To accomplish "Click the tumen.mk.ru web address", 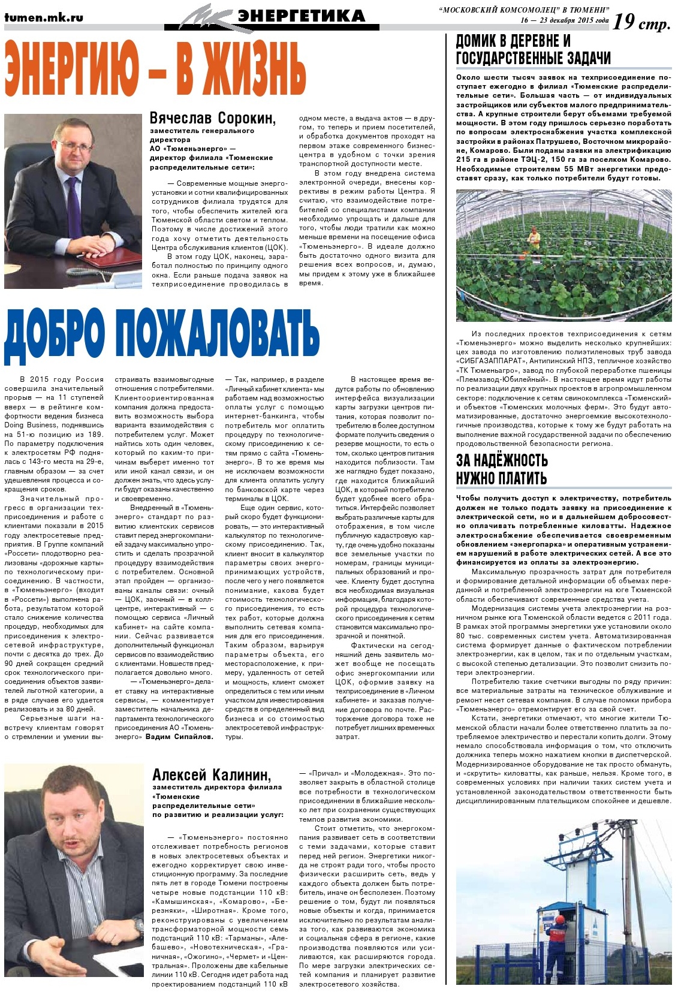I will point(43,17).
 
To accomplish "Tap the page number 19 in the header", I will point(623,22).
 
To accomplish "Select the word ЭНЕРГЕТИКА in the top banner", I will point(301,16).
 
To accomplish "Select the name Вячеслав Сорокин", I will point(212,118).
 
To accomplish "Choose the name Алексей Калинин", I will point(212,775).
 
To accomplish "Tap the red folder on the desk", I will point(112,260).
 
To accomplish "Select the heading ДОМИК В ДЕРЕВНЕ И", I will point(513,41).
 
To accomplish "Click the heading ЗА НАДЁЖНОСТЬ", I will point(502,460).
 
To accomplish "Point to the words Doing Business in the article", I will point(30,425).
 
